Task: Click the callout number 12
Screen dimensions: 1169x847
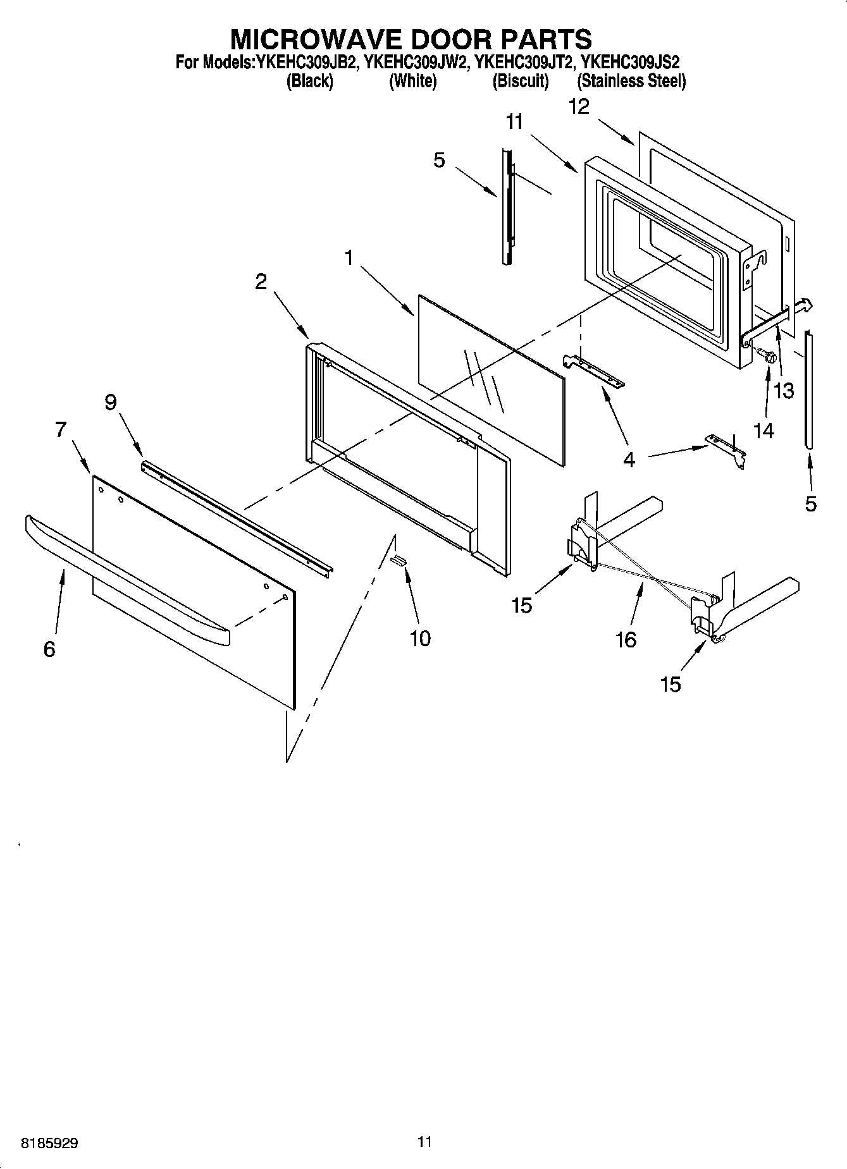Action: pyautogui.click(x=579, y=106)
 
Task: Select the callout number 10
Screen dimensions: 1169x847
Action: pyautogui.click(x=420, y=639)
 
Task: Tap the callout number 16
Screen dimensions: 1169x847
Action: pyautogui.click(x=626, y=640)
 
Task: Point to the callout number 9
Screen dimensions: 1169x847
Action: pyautogui.click(x=111, y=402)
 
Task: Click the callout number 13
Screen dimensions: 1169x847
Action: pyautogui.click(x=784, y=391)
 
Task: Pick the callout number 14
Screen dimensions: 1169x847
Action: pyautogui.click(x=764, y=431)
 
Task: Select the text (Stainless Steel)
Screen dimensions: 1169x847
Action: pyautogui.click(x=631, y=81)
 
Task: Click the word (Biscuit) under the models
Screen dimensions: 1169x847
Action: pyautogui.click(x=521, y=81)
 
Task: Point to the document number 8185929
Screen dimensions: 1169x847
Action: pyautogui.click(x=50, y=1143)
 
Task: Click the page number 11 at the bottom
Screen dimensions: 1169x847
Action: pyautogui.click(x=424, y=1142)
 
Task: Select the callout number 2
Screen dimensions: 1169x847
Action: pyautogui.click(x=261, y=281)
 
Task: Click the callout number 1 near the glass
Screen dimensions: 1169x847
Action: pyautogui.click(x=349, y=258)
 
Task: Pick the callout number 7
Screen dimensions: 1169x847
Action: pyautogui.click(x=61, y=430)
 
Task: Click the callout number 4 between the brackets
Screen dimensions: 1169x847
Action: pyautogui.click(x=629, y=460)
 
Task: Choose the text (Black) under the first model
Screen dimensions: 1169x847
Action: pyautogui.click(x=310, y=81)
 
